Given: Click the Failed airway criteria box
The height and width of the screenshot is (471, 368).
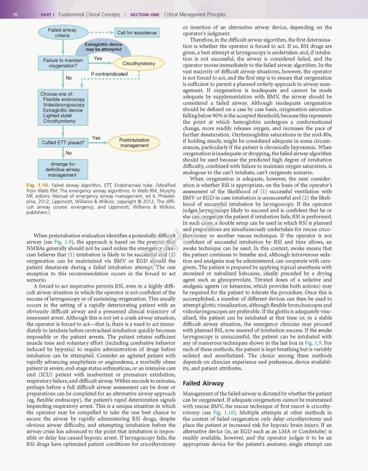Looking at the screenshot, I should tap(62, 33).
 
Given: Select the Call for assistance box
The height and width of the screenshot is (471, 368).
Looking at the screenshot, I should tap(136, 33).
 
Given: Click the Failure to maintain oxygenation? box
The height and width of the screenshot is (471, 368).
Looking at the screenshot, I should tap(63, 63).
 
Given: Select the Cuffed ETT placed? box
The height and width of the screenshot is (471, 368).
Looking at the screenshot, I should tap(63, 142).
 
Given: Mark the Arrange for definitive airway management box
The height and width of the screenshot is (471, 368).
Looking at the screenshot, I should tap(63, 169).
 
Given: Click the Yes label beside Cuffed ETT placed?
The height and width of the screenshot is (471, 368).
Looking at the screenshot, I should tap(96, 137).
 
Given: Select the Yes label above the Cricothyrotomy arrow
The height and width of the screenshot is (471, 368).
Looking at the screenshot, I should tap(98, 58).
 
